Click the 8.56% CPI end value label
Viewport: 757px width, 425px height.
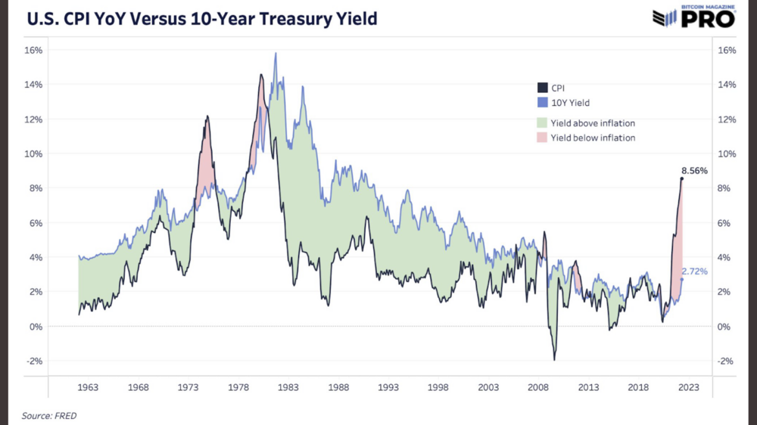[x=693, y=171]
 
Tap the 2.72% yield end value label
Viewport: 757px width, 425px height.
[x=694, y=271]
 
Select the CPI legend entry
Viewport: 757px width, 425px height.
[x=557, y=88]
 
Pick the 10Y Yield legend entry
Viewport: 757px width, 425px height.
[x=570, y=102]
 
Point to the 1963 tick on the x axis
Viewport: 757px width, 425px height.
[x=88, y=387]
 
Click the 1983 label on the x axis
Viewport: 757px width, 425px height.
[x=288, y=387]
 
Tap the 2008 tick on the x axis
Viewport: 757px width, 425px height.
[x=539, y=387]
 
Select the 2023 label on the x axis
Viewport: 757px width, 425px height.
[x=689, y=387]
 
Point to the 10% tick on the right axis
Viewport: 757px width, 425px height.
[x=725, y=154]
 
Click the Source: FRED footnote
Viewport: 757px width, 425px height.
[x=49, y=415]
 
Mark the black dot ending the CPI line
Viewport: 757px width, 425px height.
[x=681, y=178]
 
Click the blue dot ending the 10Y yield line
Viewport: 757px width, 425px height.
[x=681, y=279]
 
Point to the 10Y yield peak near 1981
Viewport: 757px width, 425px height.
[x=276, y=53]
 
